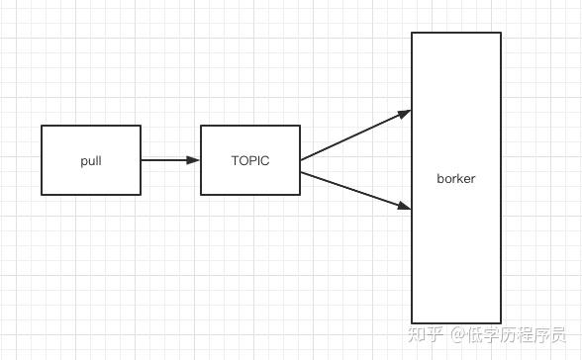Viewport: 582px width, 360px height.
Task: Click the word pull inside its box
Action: pyautogui.click(x=91, y=161)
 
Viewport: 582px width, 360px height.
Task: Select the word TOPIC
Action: pyautogui.click(x=250, y=161)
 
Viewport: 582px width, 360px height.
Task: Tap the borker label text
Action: pyautogui.click(x=456, y=179)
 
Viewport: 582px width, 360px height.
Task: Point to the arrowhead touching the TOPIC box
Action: pyautogui.click(x=195, y=160)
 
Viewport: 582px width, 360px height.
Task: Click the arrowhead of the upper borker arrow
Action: pyautogui.click(x=405, y=113)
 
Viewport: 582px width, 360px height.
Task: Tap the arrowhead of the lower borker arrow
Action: pyautogui.click(x=405, y=207)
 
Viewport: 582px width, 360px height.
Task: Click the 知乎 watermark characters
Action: pyautogui.click(x=427, y=334)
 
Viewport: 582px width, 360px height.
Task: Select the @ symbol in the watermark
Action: pyautogui.click(x=458, y=335)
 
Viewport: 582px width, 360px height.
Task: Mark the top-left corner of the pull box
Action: pyautogui.click(x=42, y=126)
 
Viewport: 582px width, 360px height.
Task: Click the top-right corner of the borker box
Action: pyautogui.click(x=501, y=33)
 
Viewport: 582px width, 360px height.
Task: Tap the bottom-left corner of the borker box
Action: pyautogui.click(x=412, y=321)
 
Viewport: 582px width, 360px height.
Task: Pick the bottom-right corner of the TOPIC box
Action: pyautogui.click(x=300, y=195)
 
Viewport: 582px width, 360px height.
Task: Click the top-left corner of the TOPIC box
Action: pyautogui.click(x=201, y=126)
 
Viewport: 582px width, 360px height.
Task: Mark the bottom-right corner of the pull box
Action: pyautogui.click(x=141, y=195)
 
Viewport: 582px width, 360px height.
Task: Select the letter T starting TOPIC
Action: pyautogui.click(x=235, y=161)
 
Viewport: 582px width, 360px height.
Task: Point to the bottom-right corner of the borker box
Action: pyautogui.click(x=501, y=321)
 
